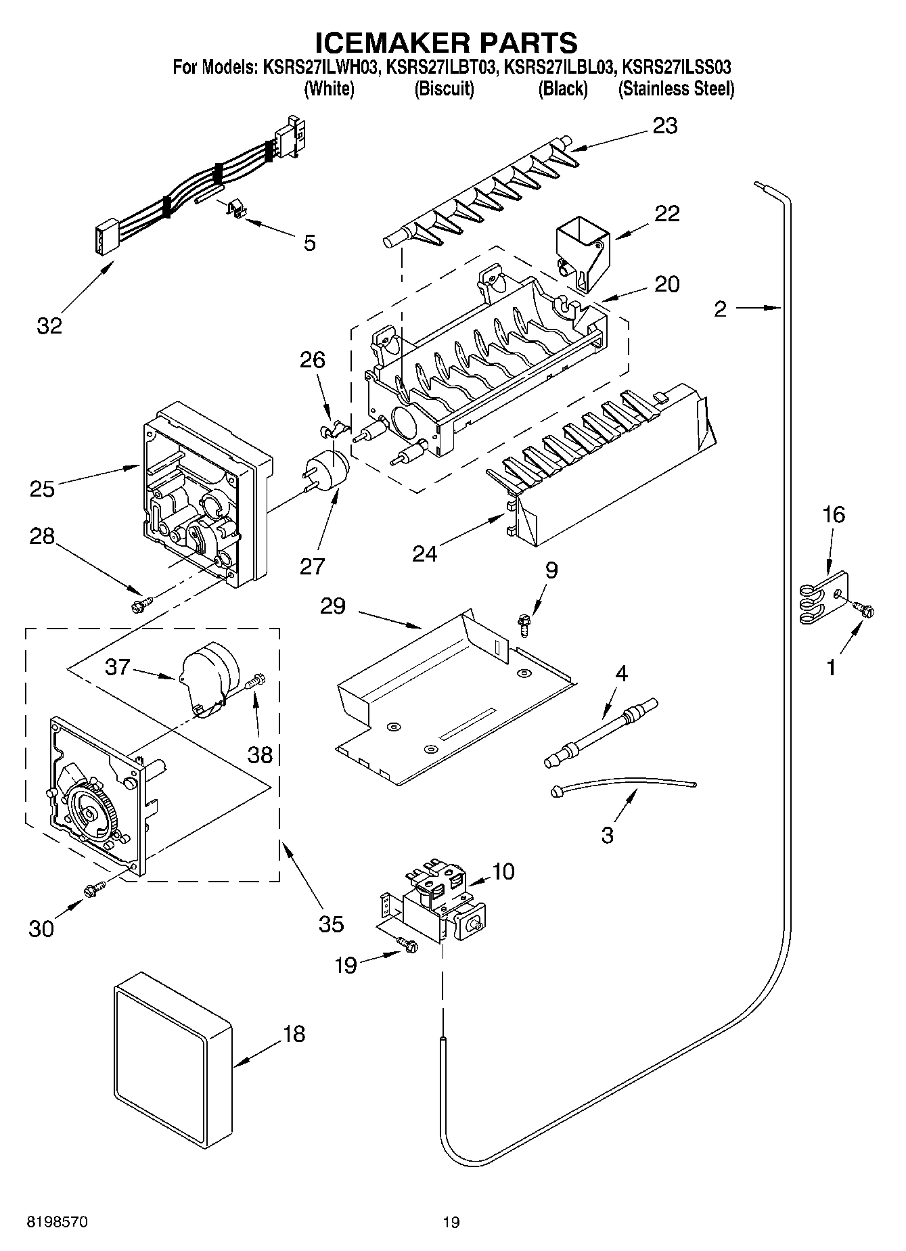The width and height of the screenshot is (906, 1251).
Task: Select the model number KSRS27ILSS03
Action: [676, 68]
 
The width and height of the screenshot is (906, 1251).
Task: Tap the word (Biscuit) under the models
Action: [444, 89]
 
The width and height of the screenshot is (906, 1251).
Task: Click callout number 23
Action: [664, 126]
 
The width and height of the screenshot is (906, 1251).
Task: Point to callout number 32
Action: [49, 325]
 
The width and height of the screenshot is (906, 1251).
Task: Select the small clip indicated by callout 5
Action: [235, 209]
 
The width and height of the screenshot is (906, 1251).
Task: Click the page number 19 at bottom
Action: [451, 1222]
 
